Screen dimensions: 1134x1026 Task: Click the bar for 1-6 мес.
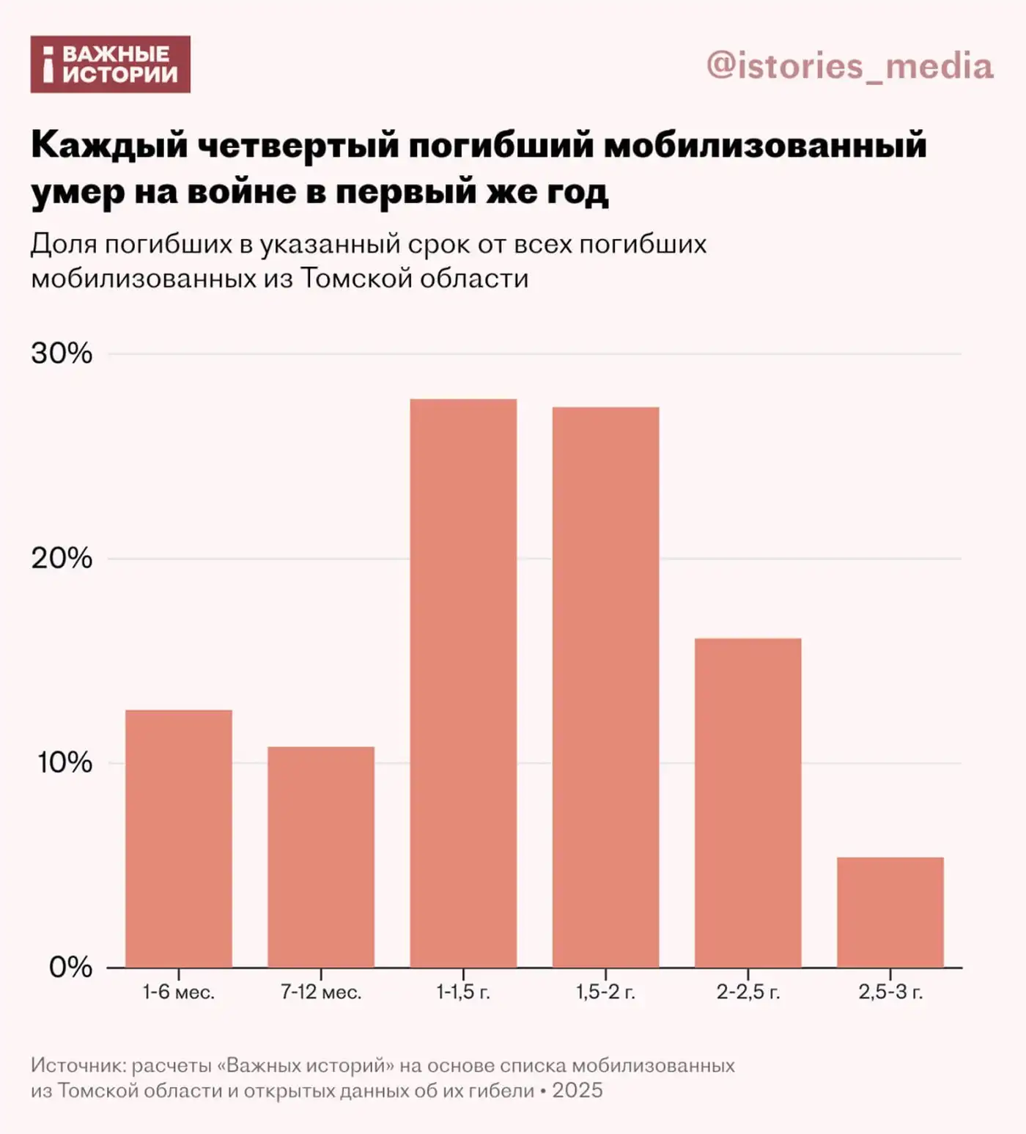coord(179,839)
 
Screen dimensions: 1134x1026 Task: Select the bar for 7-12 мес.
coord(321,857)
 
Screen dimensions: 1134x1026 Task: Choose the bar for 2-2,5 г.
coord(748,803)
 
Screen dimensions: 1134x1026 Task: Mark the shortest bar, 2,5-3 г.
coord(890,912)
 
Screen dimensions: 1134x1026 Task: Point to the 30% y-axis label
coord(62,353)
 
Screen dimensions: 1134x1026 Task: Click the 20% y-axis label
coord(62,559)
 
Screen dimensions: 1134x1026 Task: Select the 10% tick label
coord(64,763)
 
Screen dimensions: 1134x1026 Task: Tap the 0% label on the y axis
coord(70,968)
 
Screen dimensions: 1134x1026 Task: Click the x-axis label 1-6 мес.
coord(178,993)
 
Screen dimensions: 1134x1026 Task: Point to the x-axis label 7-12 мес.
coord(321,993)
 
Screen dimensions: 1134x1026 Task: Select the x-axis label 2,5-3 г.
coord(890,993)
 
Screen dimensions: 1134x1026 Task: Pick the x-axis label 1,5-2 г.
coord(605,993)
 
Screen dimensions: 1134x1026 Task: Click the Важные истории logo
coord(110,65)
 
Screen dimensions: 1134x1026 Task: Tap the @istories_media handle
coord(850,66)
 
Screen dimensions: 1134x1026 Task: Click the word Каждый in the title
coord(110,146)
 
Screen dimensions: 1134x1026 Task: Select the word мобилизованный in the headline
coord(765,146)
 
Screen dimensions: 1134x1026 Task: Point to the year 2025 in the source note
coord(577,1091)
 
